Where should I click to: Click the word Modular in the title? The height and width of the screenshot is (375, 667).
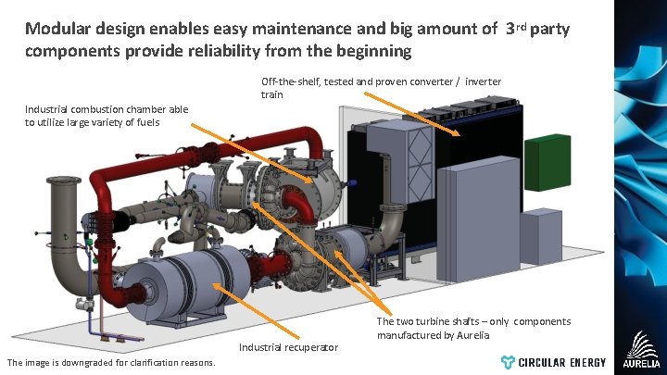pos(61,30)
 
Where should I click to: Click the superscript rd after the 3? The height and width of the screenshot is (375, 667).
pos(522,26)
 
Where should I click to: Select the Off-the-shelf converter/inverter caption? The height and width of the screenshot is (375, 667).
pos(380,88)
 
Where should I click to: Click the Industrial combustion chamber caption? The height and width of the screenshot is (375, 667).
pos(106,116)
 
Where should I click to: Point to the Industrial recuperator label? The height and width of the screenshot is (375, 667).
pos(288,347)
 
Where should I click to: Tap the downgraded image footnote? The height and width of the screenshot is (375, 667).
pos(110,362)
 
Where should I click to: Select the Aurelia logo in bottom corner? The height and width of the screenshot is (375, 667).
pos(641,350)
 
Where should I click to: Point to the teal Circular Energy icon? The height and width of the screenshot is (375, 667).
pos(508,362)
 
